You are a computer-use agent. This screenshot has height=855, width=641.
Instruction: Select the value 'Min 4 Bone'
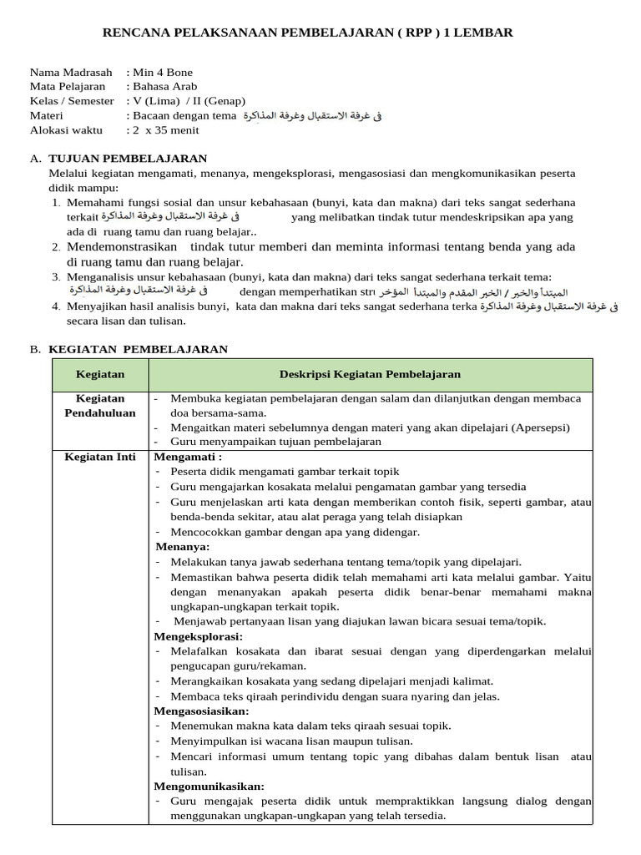(x=163, y=73)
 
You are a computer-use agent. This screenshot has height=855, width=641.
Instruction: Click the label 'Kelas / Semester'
(x=72, y=101)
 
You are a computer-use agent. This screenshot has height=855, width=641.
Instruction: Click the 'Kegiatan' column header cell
(x=100, y=375)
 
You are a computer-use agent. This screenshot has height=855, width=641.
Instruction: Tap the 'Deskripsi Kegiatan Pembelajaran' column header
(x=370, y=375)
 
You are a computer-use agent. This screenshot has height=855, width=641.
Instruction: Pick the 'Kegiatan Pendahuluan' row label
(x=100, y=406)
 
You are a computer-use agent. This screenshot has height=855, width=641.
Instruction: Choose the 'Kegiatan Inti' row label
(x=100, y=457)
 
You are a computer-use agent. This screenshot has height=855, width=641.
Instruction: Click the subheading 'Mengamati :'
(x=188, y=457)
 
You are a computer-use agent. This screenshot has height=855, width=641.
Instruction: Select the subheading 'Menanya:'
(x=183, y=547)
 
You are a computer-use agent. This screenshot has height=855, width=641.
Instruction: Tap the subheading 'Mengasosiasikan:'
(x=201, y=711)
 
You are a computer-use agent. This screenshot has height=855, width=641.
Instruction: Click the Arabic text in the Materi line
(x=311, y=116)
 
